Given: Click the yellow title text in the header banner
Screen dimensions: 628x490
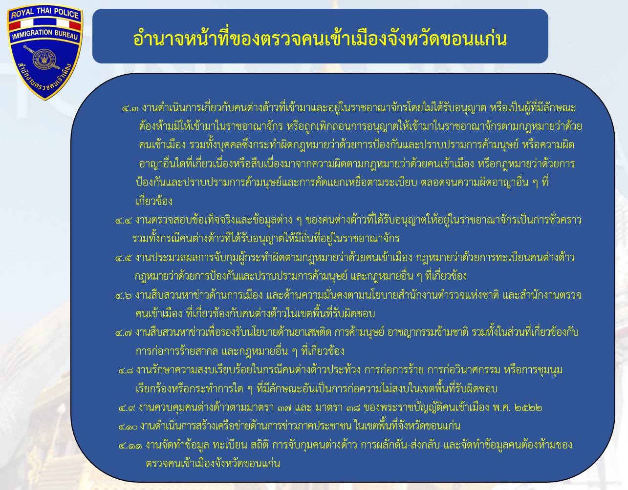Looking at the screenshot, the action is click(x=320, y=39).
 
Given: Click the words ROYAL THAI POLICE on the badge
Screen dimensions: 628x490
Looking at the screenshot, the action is click(x=45, y=13).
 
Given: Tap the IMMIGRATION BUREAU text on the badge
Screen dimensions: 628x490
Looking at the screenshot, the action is click(x=45, y=34).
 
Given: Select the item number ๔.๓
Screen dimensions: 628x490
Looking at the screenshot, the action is click(x=130, y=109).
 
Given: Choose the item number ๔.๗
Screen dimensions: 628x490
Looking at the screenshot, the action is click(x=124, y=333).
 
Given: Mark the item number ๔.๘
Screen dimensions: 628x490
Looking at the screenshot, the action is click(x=126, y=371).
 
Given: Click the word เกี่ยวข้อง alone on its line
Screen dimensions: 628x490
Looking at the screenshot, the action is click(x=154, y=201).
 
